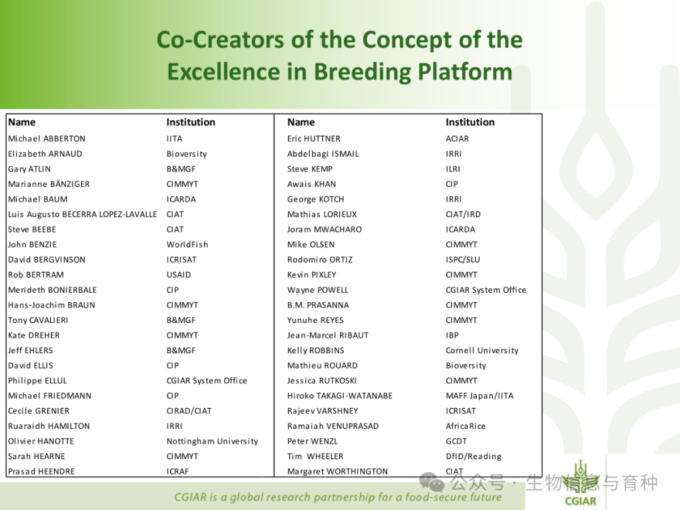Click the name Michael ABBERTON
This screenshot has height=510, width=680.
(47, 139)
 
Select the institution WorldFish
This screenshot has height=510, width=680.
(188, 244)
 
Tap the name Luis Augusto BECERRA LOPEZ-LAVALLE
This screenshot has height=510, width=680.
(82, 214)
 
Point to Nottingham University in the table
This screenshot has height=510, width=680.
(213, 441)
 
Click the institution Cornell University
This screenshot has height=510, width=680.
(482, 351)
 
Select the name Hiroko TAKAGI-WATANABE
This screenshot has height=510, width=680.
(340, 396)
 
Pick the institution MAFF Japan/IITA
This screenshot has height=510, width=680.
(480, 396)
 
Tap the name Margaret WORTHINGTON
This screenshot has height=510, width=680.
(337, 472)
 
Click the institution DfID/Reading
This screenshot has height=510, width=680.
(473, 456)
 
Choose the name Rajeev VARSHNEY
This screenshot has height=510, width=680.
(322, 411)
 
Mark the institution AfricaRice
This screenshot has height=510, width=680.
(466, 426)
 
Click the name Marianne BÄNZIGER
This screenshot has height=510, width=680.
(49, 184)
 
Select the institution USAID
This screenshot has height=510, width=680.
(179, 275)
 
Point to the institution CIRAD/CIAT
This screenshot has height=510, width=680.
(189, 411)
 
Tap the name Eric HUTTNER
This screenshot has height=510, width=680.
(314, 139)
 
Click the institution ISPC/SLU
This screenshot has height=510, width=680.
(463, 260)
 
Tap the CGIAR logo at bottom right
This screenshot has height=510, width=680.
(581, 484)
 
